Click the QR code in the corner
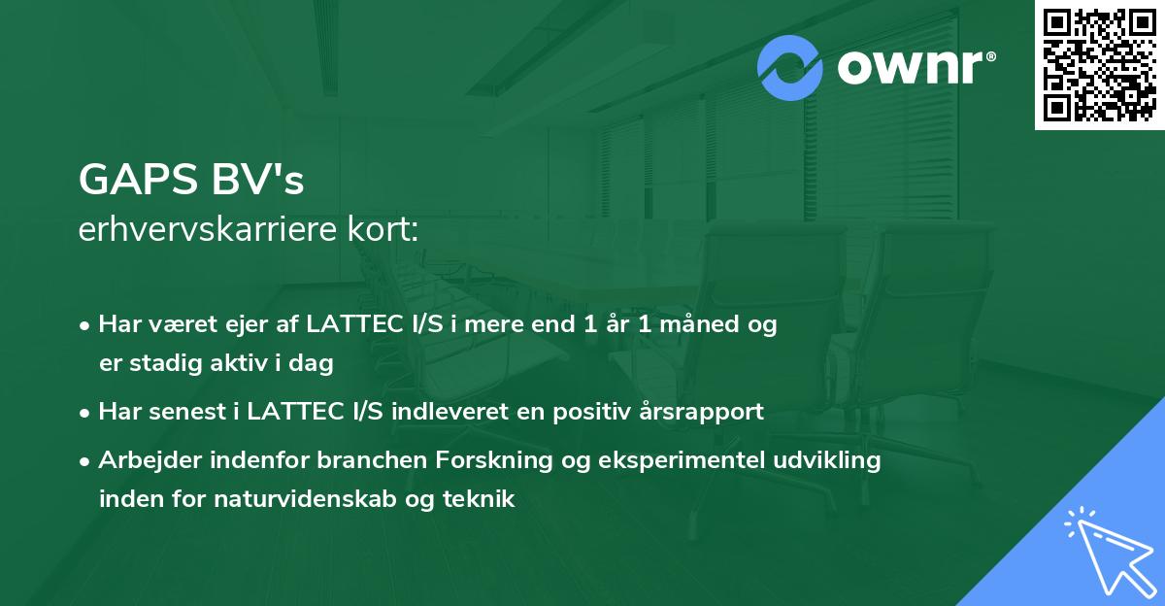pyautogui.click(x=1099, y=64)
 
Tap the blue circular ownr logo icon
pyautogui.click(x=790, y=68)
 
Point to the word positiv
pyautogui.click(x=622, y=413)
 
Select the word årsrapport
pyautogui.click(x=716, y=413)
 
